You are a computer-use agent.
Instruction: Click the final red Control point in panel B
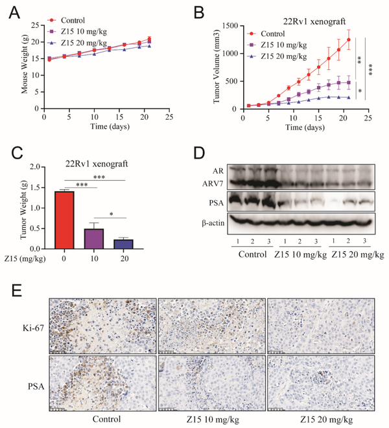tap(349, 39)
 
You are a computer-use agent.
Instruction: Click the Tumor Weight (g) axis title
tap(24, 208)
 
